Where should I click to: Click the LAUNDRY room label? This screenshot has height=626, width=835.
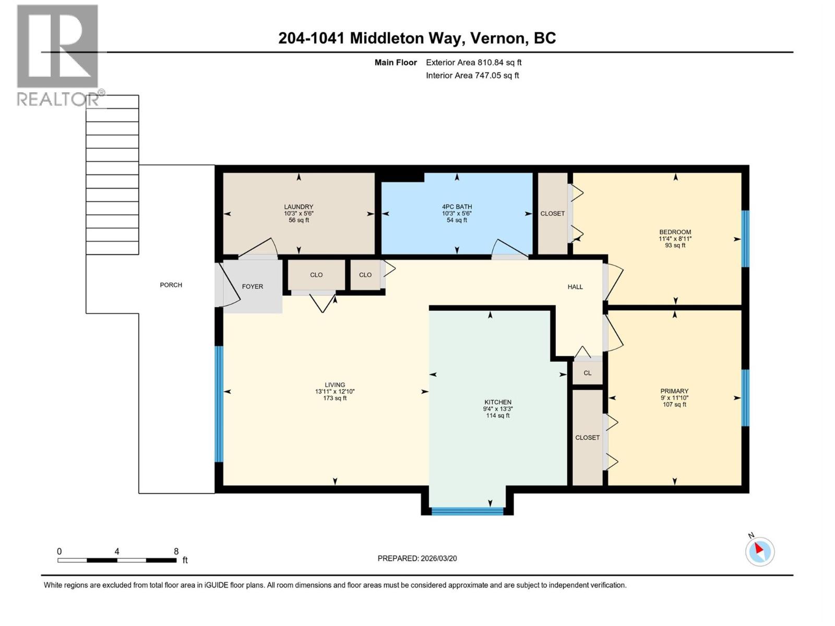pos(299,207)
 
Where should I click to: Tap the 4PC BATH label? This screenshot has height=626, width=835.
pos(457,207)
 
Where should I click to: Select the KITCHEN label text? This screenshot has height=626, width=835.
pos(497,402)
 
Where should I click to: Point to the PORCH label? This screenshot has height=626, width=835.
pos(171,285)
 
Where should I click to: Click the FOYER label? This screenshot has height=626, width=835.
pos(253,286)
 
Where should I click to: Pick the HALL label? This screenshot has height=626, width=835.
pos(575,287)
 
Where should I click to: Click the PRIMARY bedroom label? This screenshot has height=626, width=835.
pos(674,391)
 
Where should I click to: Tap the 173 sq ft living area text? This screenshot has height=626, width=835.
pos(335,399)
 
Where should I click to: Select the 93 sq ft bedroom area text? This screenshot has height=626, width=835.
pos(675,246)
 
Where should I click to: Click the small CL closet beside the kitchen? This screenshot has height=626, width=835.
pos(588,373)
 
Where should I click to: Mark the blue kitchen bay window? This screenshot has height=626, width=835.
pos(467,511)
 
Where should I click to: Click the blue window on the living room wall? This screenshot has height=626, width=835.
pos(219,404)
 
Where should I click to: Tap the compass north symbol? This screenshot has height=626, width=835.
pos(759,551)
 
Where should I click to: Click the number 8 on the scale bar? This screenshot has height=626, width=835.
pos(176,551)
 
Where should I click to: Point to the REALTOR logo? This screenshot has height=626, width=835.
pos(58,55)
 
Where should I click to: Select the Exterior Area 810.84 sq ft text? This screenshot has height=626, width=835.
pos(473,63)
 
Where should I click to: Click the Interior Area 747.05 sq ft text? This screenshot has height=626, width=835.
pos(472,76)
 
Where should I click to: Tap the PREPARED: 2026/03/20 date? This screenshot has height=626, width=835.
pos(417,558)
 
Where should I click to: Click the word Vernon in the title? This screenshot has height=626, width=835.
pos(496,38)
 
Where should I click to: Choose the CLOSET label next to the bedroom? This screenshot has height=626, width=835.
pos(552,214)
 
